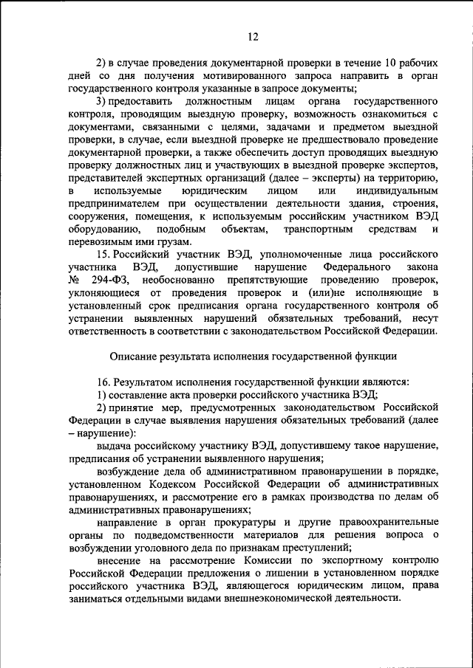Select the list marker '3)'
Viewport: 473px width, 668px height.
click(103, 100)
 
